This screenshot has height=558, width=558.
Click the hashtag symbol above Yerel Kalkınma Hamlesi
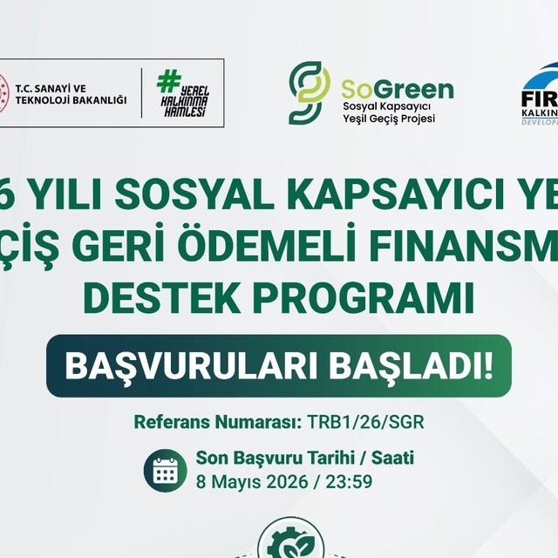click(165, 81)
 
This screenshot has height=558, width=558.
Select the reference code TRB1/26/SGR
click(366, 423)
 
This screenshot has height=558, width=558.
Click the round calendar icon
click(166, 471)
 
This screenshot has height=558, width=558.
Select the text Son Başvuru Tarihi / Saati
click(305, 458)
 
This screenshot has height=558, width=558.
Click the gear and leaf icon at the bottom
click(289, 541)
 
